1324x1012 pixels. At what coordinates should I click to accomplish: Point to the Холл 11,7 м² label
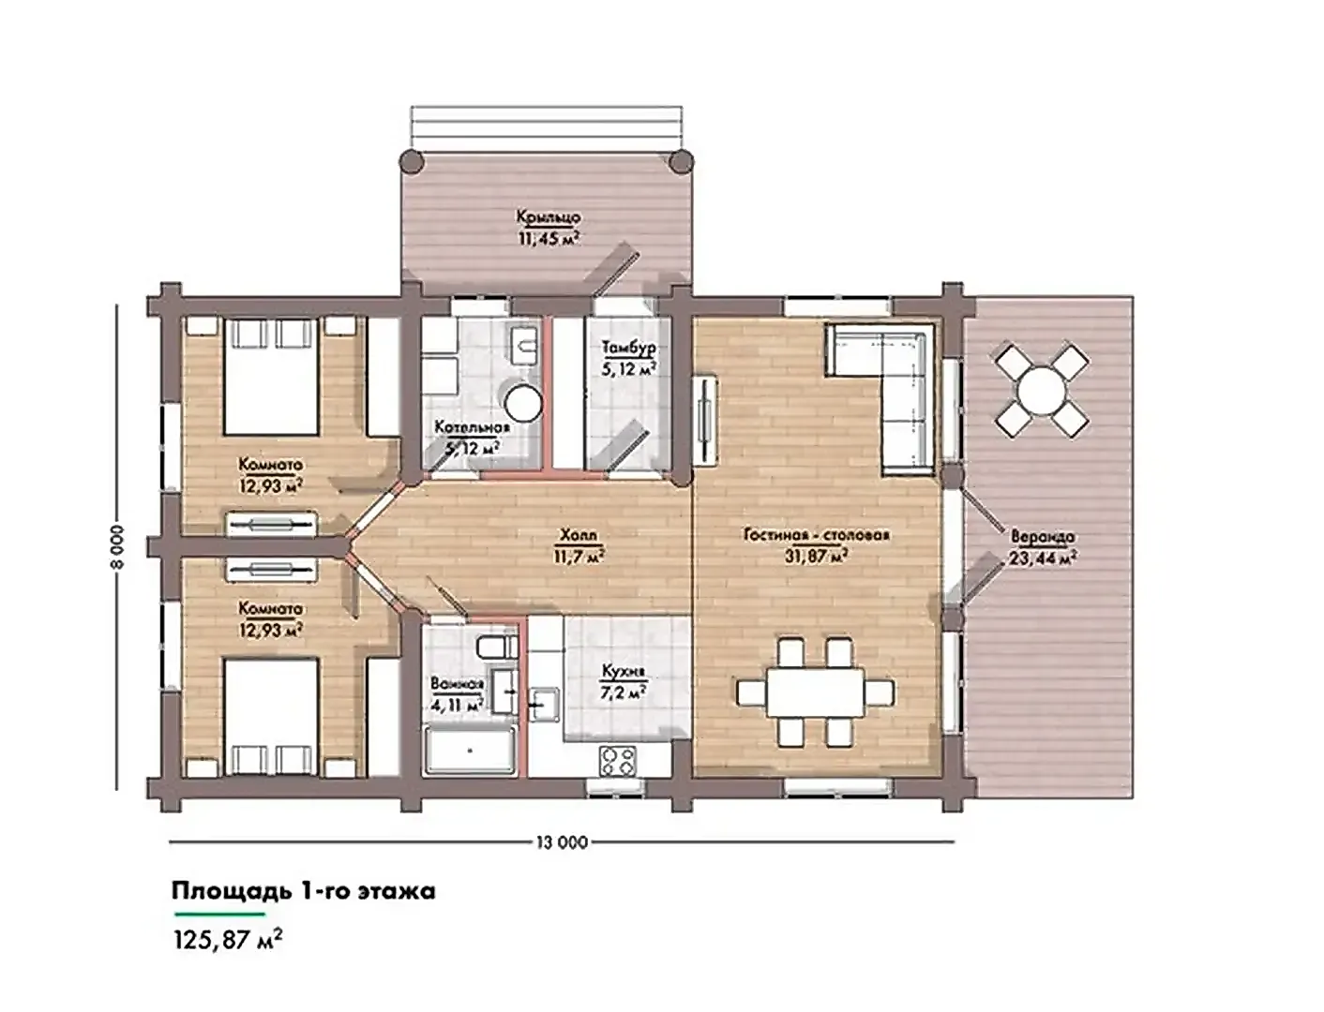tap(578, 544)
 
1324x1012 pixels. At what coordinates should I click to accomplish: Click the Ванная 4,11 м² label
tap(458, 693)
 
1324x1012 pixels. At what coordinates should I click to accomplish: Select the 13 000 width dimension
tap(562, 842)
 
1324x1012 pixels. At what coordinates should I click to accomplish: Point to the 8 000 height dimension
tap(117, 546)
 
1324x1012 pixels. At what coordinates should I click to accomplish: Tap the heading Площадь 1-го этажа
tap(304, 891)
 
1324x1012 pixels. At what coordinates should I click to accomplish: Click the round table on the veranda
tap(1042, 391)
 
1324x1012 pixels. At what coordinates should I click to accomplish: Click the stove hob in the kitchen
tap(617, 761)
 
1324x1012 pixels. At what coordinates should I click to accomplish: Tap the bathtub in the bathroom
tap(471, 751)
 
